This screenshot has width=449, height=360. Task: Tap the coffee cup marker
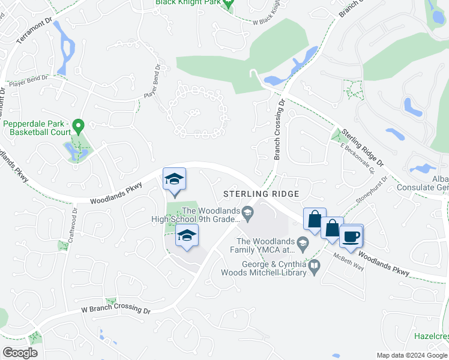click(352, 235)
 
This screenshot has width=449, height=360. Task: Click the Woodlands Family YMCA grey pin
click(303, 242)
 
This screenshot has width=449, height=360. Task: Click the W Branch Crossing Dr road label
click(116, 310)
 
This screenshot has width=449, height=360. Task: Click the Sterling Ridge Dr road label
click(363, 147)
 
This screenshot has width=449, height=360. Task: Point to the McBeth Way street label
click(349, 263)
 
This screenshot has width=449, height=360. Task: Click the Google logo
click(20, 353)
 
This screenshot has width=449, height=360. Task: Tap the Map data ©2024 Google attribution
click(411, 355)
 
